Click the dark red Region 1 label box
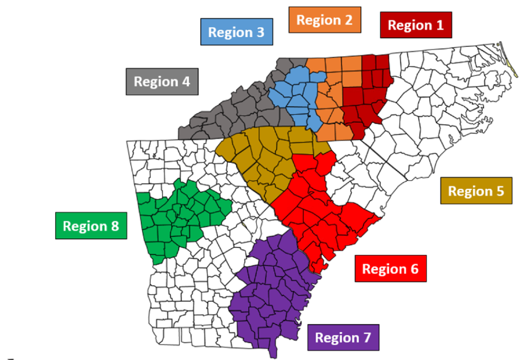tap(416, 25)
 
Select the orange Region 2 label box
tap(325, 20)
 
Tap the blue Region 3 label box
tap(237, 32)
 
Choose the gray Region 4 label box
tap(162, 81)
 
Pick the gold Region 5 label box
tap(476, 191)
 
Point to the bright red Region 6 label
tap(390, 269)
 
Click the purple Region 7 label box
tap(343, 337)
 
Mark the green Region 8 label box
tap(91, 226)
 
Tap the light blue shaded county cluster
tap(295, 96)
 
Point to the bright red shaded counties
tap(317, 210)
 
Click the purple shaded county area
tap(273, 291)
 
